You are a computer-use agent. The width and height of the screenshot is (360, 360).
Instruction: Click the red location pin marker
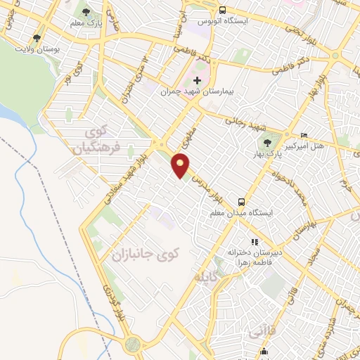click(181, 165)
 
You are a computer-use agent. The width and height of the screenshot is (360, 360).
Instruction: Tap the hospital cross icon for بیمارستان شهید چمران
click(197, 80)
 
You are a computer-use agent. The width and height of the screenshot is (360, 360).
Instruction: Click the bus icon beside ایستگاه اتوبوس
click(222, 11)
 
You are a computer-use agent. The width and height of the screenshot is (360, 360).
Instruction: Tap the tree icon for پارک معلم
click(86, 12)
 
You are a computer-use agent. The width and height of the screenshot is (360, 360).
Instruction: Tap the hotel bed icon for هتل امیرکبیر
click(304, 135)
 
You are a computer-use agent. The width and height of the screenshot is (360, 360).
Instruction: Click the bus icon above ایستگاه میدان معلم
click(241, 200)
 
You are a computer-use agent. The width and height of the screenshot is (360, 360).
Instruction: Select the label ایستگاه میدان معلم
click(243, 212)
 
